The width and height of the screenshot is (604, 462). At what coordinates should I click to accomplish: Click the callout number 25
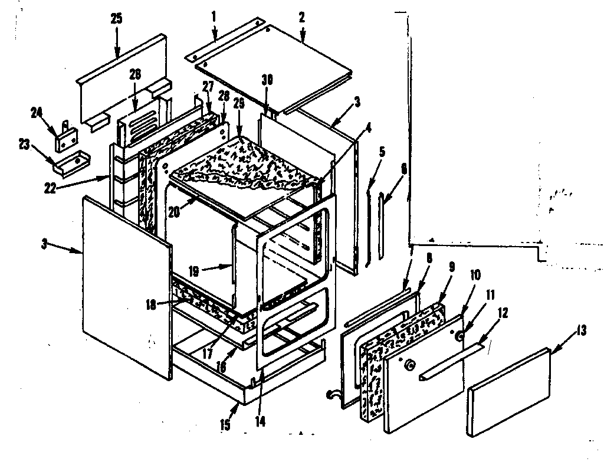point(116,18)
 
